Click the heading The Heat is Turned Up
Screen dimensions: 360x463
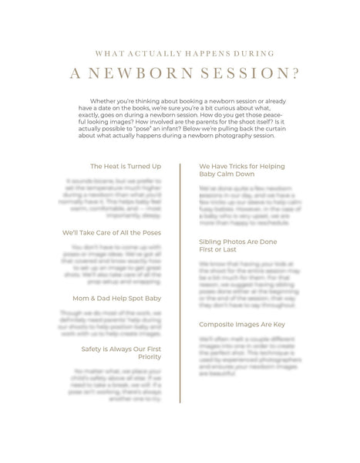(x=125, y=166)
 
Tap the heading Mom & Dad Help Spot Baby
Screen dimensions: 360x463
(x=116, y=298)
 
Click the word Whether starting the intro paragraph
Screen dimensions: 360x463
(x=126, y=101)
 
